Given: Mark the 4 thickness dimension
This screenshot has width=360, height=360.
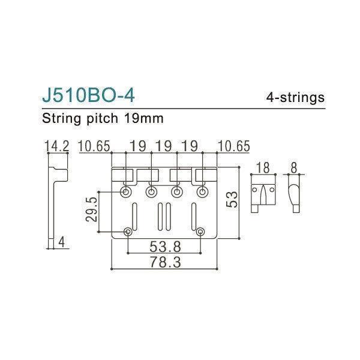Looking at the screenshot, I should coord(62,242).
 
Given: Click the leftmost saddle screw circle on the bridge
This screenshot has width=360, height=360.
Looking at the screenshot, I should coord(126,191).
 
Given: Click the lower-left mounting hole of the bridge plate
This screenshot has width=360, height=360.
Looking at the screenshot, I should coord(128,232).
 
